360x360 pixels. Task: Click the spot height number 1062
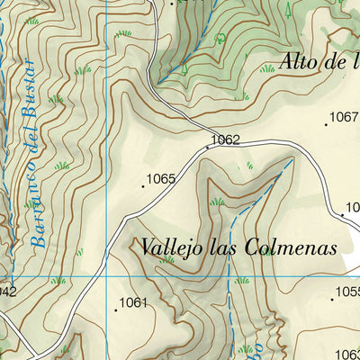[225, 140]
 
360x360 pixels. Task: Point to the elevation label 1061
[132, 302]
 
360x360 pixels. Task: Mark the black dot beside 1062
[208, 144]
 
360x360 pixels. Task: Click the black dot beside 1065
[143, 186]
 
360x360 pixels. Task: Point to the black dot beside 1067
[326, 124]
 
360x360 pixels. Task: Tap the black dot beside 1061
[115, 310]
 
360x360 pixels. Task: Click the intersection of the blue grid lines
[106, 277]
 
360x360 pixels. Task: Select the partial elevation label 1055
[347, 292]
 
